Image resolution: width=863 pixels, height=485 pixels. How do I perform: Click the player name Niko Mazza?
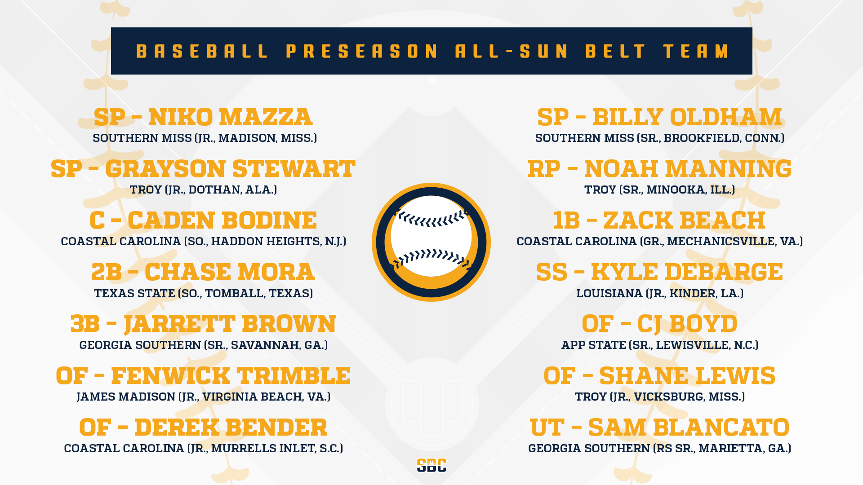tap(230, 117)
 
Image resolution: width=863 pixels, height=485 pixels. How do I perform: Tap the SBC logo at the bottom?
tap(431, 465)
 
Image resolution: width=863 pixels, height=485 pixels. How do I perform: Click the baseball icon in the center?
tap(431, 242)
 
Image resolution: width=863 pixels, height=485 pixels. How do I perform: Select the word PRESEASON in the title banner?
tap(362, 51)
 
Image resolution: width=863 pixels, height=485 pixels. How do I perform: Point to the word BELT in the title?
tap(615, 51)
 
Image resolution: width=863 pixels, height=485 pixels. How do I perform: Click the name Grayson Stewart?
tap(230, 169)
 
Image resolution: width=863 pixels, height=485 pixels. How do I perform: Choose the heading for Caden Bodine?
tap(203, 220)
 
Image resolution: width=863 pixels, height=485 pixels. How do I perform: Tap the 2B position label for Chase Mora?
tap(107, 272)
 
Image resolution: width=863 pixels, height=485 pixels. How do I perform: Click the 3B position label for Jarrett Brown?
tap(85, 324)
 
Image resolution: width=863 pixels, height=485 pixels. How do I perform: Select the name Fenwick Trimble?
tap(231, 376)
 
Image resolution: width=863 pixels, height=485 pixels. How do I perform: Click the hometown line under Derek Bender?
tap(203, 448)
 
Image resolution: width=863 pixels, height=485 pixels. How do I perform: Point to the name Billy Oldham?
tap(687, 117)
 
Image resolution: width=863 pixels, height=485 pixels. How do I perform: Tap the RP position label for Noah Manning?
tap(544, 169)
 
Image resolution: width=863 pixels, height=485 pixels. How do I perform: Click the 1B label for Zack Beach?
tap(566, 220)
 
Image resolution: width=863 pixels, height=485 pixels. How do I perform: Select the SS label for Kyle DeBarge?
tap(552, 272)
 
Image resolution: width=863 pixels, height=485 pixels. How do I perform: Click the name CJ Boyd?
tap(687, 324)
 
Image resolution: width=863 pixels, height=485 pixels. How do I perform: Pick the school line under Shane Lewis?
tap(660, 397)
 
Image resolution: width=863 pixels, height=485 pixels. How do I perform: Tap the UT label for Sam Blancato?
tap(547, 428)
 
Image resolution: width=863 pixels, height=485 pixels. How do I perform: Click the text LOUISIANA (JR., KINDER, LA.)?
tap(660, 293)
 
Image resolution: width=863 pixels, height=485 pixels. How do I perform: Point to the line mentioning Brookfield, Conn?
tap(660, 138)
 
